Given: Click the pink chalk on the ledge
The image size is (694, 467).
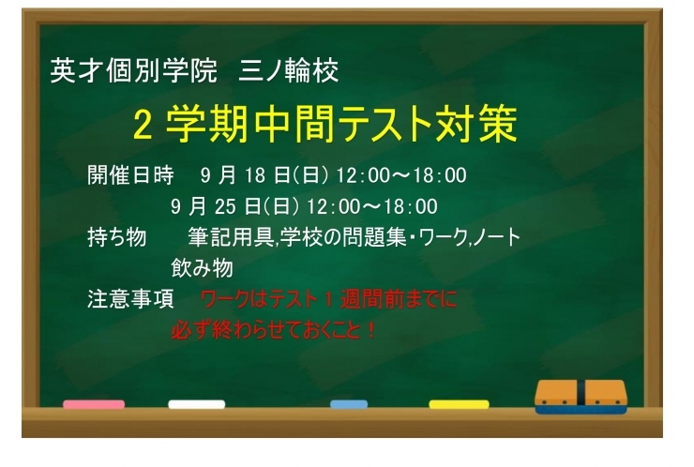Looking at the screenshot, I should coord(94,405).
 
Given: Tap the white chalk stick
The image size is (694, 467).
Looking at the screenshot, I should coord(196,405).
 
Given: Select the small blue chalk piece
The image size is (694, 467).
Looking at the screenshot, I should coord(349,405).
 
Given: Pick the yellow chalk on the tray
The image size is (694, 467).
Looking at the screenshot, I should coord(459,405).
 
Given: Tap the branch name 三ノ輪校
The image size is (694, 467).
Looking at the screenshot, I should coord(290,70).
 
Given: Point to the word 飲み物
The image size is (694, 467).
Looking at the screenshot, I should coord(202,268).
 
